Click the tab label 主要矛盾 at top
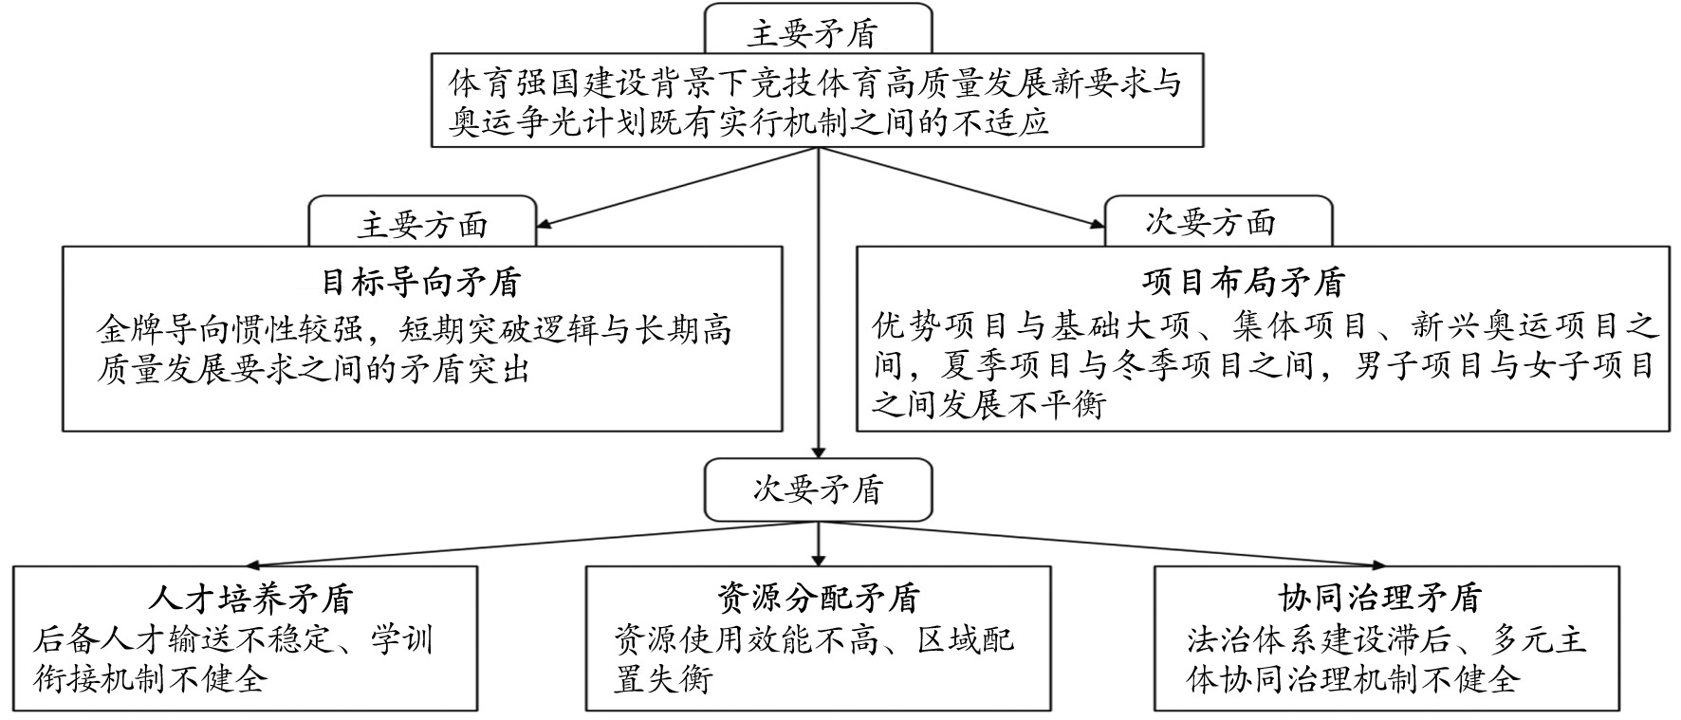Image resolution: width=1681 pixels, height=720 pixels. tap(812, 34)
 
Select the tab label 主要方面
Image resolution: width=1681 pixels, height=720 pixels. tap(422, 226)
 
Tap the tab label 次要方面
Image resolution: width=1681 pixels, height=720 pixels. tap(1210, 223)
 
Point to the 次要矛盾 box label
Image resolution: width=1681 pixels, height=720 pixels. tap(818, 489)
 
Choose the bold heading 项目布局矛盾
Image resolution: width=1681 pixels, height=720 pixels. tap(1244, 282)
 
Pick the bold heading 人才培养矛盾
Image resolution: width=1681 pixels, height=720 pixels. tap(251, 599)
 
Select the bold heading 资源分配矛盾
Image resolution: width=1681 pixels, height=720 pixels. tap(818, 599)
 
